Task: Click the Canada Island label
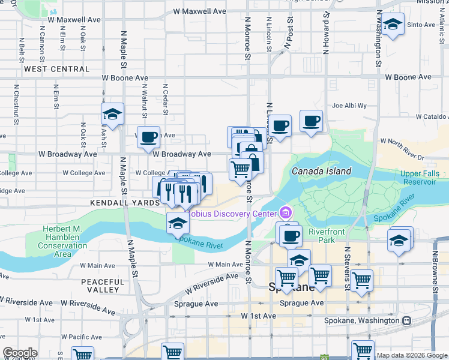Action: [x=321, y=172]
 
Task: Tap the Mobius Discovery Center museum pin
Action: [x=285, y=213]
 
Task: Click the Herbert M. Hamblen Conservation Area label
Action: [x=62, y=241]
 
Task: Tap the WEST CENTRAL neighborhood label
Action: [x=56, y=69]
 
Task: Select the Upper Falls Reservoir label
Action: [x=421, y=177]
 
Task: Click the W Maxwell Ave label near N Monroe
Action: [x=199, y=11]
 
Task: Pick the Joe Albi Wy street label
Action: [x=349, y=106]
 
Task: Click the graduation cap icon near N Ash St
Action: [x=112, y=113]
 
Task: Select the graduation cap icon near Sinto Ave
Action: [x=393, y=25]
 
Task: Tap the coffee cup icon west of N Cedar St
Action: [x=149, y=136]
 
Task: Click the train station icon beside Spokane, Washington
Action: [x=407, y=320]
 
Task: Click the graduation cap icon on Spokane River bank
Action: [x=178, y=223]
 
